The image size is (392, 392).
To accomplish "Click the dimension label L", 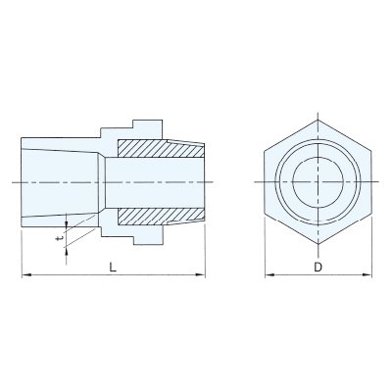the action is click(113, 268).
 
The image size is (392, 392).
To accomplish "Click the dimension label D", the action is click(318, 268).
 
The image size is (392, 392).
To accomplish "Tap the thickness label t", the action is click(59, 238).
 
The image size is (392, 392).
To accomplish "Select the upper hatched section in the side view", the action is click(161, 148).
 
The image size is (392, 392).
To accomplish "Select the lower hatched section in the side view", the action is click(161, 217).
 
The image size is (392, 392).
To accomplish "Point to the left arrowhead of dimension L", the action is click(25, 275).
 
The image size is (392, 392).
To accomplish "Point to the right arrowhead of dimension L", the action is click(201, 275).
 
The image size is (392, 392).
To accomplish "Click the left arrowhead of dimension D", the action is click(269, 275).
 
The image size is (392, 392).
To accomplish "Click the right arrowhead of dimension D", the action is click(367, 275).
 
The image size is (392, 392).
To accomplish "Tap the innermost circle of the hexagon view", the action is click(318, 157).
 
